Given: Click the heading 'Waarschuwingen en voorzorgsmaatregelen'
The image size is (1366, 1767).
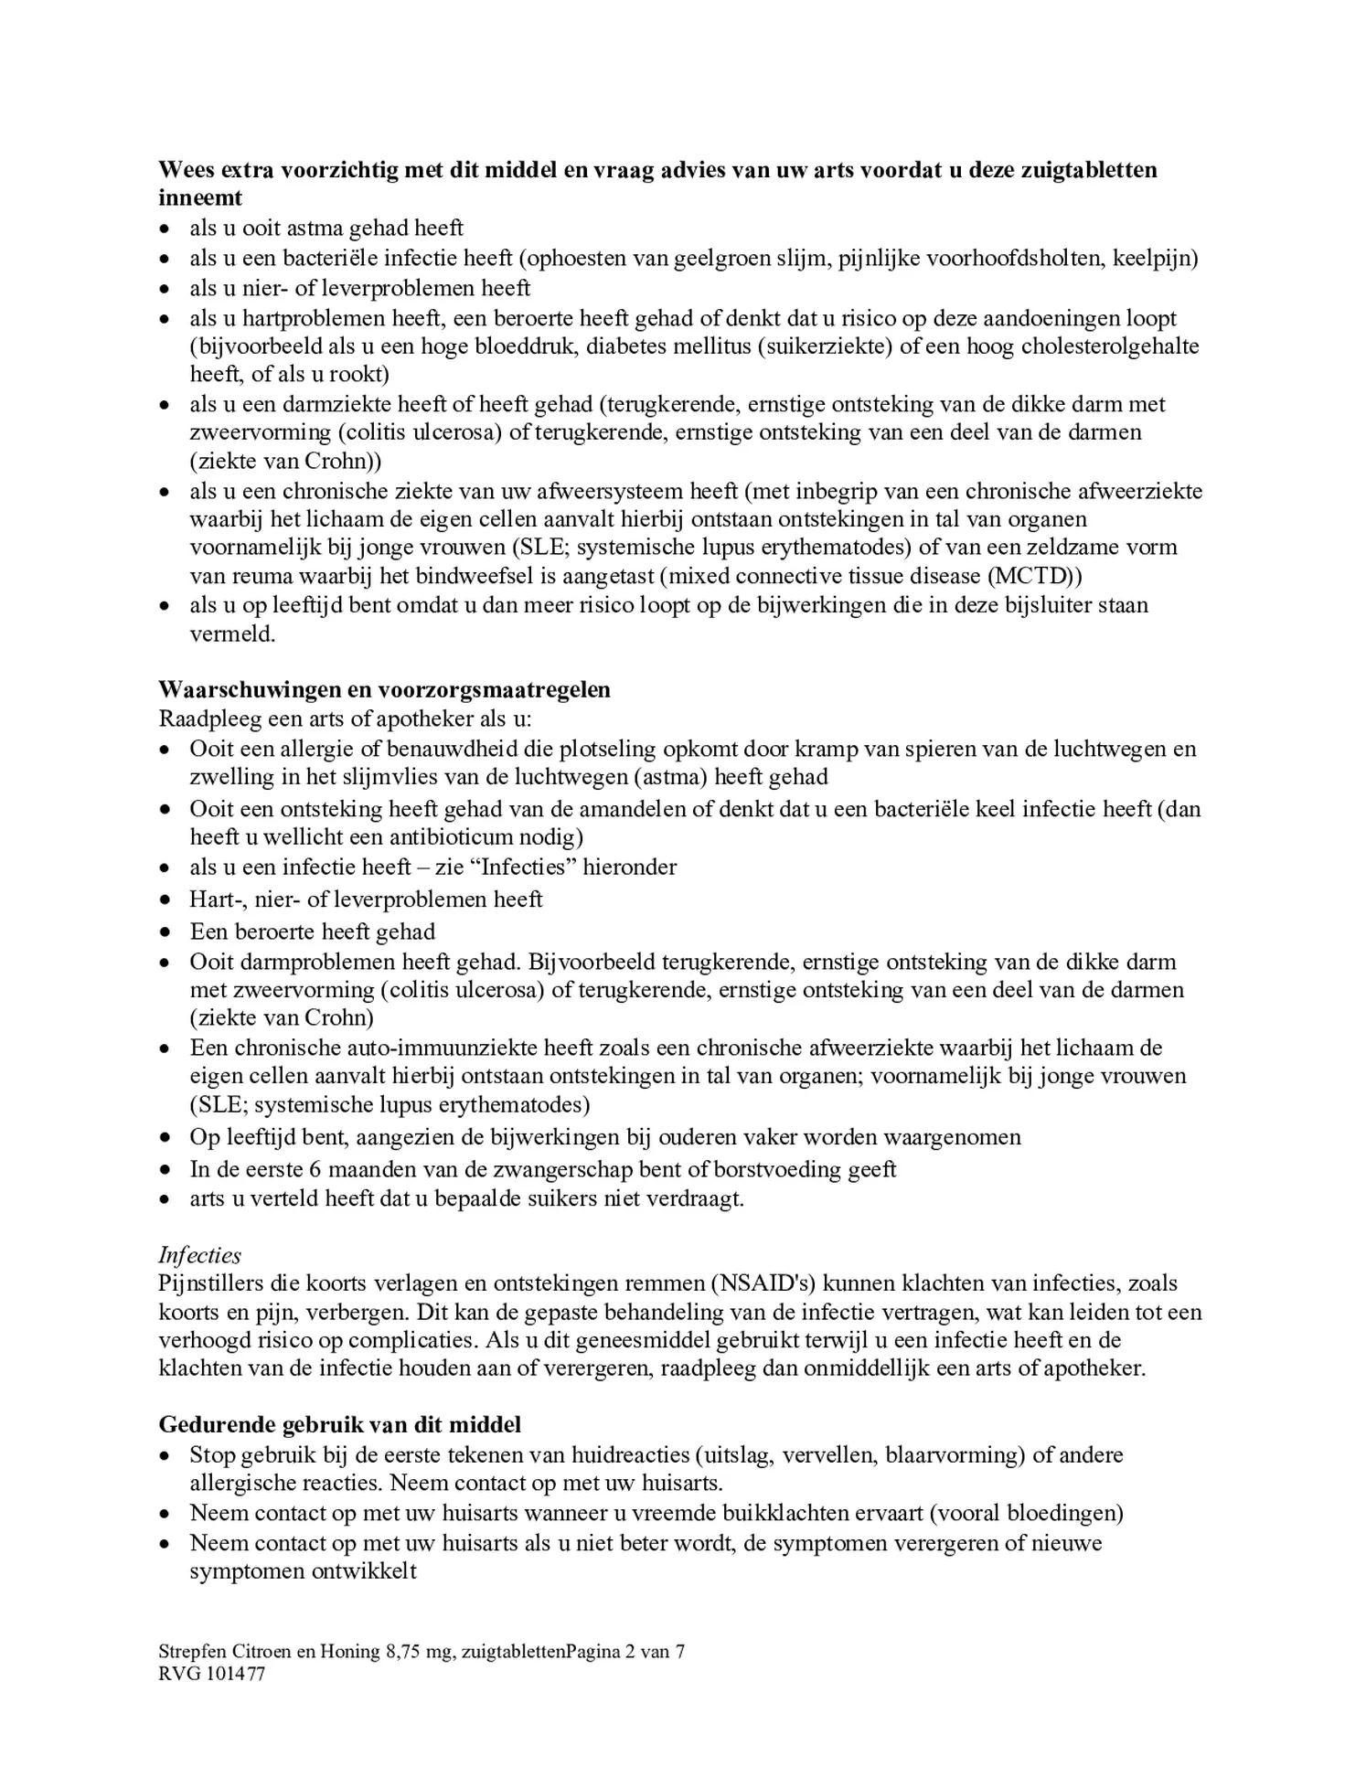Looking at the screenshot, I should coord(384,689).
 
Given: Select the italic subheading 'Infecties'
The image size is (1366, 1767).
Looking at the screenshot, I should coord(199,1254).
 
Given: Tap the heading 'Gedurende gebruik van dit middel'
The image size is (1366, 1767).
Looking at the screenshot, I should coord(339,1423).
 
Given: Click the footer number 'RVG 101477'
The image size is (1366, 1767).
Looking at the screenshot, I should coord(211,1674).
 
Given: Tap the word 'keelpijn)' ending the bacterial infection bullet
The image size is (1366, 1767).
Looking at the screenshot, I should coord(1155,258).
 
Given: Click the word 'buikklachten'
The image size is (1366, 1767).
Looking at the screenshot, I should coord(781,1513).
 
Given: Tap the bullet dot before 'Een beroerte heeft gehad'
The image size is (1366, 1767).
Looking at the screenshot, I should coord(165,932).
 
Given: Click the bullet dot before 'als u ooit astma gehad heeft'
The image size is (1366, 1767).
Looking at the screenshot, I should coord(165,229).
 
